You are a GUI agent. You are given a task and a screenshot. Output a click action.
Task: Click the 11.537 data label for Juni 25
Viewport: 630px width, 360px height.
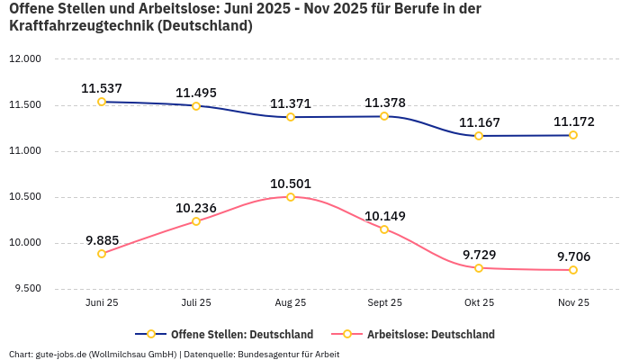coord(102,89)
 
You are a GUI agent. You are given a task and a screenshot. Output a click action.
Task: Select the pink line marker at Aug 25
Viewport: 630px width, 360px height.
coord(291,196)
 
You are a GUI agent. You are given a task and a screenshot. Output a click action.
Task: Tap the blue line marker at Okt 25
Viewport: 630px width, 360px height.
coord(479,136)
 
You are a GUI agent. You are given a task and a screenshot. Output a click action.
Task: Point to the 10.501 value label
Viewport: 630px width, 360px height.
coord(291,184)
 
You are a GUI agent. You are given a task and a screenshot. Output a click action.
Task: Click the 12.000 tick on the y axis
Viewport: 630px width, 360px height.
coord(25,59)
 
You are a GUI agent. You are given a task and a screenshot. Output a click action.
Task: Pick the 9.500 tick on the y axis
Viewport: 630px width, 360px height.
coord(27,289)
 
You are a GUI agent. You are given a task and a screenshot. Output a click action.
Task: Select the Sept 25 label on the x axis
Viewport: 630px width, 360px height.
coord(384,303)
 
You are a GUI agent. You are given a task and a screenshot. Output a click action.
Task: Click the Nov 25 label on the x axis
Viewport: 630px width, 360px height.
coord(573,303)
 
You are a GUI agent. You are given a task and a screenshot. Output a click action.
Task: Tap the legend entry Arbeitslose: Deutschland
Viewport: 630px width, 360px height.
coord(430,334)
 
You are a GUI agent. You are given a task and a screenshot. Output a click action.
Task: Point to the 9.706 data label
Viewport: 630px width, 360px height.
coord(573,256)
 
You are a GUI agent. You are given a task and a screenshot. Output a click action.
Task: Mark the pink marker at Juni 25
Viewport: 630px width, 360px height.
coord(102,254)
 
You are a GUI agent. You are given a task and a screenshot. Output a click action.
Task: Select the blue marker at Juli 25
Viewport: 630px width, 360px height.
coord(196,106)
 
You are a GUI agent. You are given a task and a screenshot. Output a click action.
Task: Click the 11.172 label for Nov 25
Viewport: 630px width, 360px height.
coord(573,121)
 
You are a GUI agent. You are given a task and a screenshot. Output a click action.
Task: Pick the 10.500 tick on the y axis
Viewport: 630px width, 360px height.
coord(25,197)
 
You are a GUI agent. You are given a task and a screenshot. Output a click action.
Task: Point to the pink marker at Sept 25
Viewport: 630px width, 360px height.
coord(384,229)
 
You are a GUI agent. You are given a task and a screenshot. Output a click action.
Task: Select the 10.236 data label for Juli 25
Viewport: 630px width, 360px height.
coord(196,208)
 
